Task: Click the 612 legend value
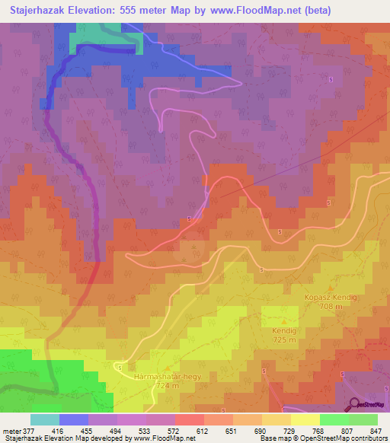(x=203, y=430)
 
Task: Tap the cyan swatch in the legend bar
(x=45, y=419)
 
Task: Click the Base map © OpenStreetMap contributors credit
(x=321, y=438)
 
